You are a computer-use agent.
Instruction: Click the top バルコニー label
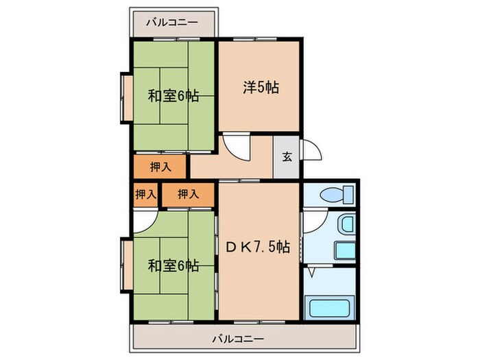pyautogui.click(x=172, y=22)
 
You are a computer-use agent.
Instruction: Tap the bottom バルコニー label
pyautogui.click(x=237, y=338)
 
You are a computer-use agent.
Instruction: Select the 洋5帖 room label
pyautogui.click(x=260, y=87)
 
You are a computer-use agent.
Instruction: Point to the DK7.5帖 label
pyautogui.click(x=258, y=248)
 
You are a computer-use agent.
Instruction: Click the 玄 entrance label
pyautogui.click(x=287, y=156)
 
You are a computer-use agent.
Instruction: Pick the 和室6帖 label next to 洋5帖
pyautogui.click(x=173, y=96)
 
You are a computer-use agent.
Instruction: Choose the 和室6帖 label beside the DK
pyautogui.click(x=173, y=265)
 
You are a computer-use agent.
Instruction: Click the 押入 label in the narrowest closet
pyautogui.click(x=145, y=194)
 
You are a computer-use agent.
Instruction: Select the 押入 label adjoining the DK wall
pyautogui.click(x=188, y=194)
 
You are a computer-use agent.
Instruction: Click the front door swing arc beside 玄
pyautogui.click(x=309, y=152)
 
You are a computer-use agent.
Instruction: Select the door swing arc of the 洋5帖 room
pyautogui.click(x=233, y=145)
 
